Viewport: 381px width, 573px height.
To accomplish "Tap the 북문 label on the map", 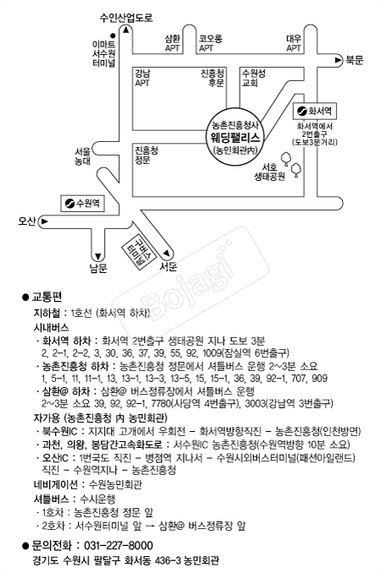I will click(x=353, y=59).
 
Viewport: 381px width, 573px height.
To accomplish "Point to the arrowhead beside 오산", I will click(x=43, y=221).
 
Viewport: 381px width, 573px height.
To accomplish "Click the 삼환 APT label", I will click(x=172, y=42).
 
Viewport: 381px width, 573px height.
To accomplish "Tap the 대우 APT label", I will click(x=294, y=42).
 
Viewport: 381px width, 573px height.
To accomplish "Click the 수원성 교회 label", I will click(x=253, y=78).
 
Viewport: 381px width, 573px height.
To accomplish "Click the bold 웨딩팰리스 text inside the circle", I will click(x=238, y=134).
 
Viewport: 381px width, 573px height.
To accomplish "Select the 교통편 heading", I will click(x=47, y=297).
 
